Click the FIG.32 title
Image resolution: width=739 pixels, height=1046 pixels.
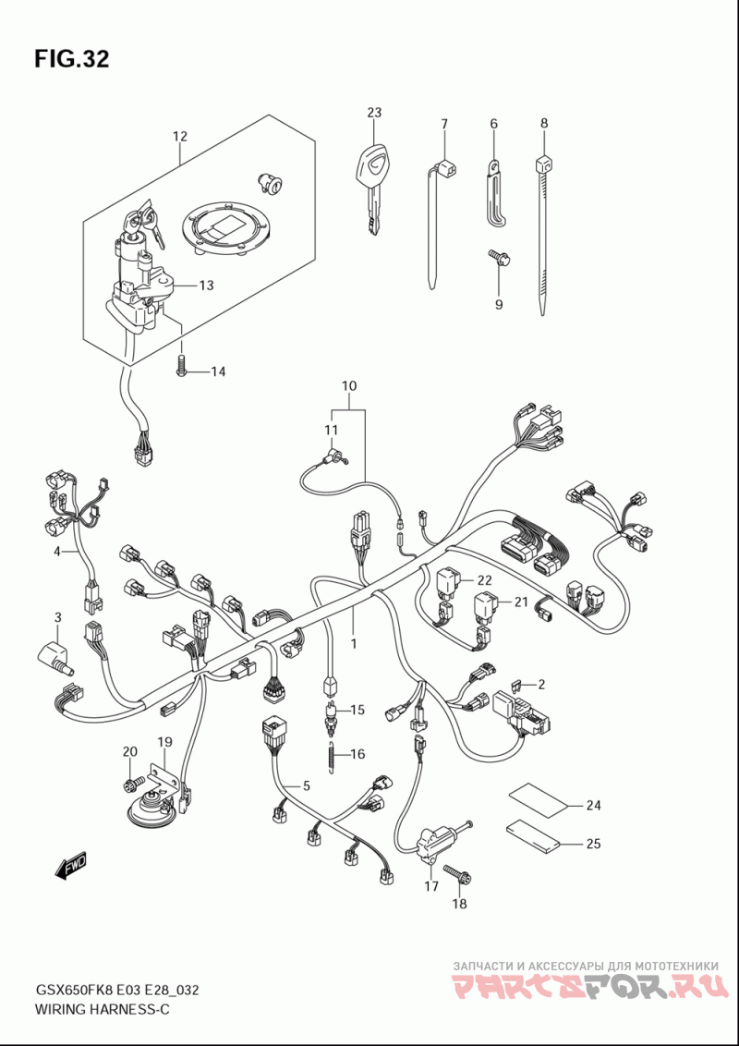coord(71,59)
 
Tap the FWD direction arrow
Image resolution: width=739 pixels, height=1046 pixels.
coord(71,866)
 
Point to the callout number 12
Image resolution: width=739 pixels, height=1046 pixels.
coord(179,137)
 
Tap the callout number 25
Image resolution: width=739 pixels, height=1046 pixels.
coord(593,844)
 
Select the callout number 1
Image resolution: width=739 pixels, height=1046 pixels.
coord(354,644)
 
